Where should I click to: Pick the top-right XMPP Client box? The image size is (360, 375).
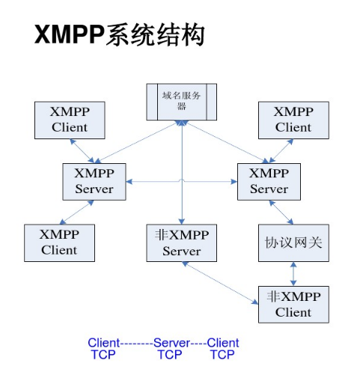point(293,120)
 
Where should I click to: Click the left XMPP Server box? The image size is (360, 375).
point(94,181)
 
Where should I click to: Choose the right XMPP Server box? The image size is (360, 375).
point(269,181)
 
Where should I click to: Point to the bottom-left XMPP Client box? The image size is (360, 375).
point(59,242)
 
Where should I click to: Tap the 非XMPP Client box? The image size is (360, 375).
point(293,303)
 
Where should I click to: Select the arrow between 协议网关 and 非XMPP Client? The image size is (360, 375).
point(293,274)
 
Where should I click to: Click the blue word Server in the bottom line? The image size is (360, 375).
point(171,343)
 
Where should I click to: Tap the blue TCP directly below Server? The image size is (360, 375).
point(169,354)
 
